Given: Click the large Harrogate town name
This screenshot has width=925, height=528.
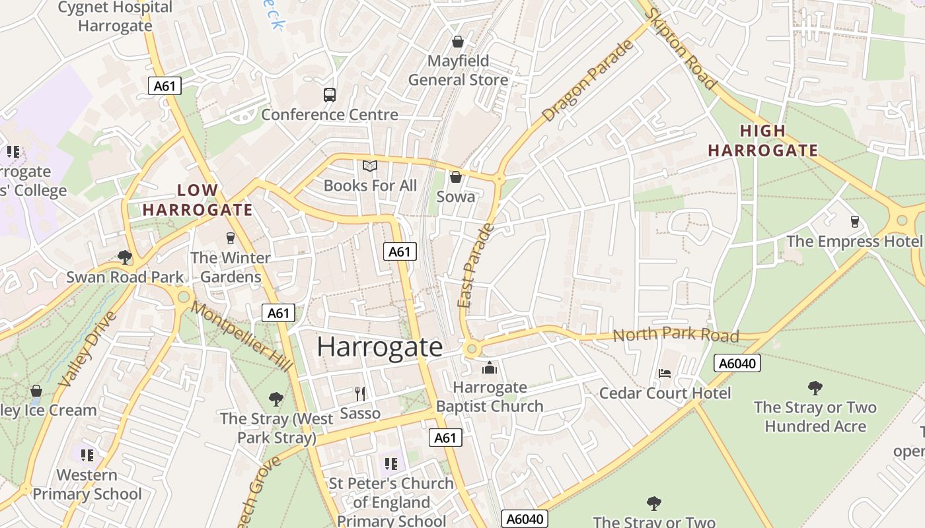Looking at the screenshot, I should (379, 347).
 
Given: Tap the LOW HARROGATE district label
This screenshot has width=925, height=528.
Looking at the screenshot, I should (198, 201).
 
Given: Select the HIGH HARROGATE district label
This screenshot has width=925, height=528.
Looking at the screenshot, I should (763, 141).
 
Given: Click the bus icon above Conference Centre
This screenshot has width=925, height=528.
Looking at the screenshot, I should (330, 95).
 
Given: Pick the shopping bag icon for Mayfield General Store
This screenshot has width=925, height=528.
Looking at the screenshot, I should (457, 42).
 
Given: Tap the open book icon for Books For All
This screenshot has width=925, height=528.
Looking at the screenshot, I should (370, 166).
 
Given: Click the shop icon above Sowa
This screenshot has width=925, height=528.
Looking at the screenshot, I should (456, 177).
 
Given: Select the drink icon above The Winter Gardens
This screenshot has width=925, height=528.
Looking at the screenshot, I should (230, 238).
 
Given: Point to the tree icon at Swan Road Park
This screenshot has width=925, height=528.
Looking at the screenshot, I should (124, 257).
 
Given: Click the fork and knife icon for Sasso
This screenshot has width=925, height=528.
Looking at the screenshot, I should (360, 394).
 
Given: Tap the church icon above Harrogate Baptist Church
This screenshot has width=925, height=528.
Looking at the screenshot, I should (490, 368).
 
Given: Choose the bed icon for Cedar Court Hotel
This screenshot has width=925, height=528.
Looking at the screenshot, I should (665, 374).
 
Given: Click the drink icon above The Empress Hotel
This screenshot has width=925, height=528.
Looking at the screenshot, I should (854, 222).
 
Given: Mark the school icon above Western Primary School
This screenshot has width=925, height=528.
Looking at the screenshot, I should (87, 455).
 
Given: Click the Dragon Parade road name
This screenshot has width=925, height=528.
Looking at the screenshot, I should (587, 81).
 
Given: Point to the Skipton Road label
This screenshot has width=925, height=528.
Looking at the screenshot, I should (681, 49).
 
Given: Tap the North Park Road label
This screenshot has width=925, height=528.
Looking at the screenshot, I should (675, 335).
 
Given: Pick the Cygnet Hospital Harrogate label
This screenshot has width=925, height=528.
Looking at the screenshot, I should (115, 17).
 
